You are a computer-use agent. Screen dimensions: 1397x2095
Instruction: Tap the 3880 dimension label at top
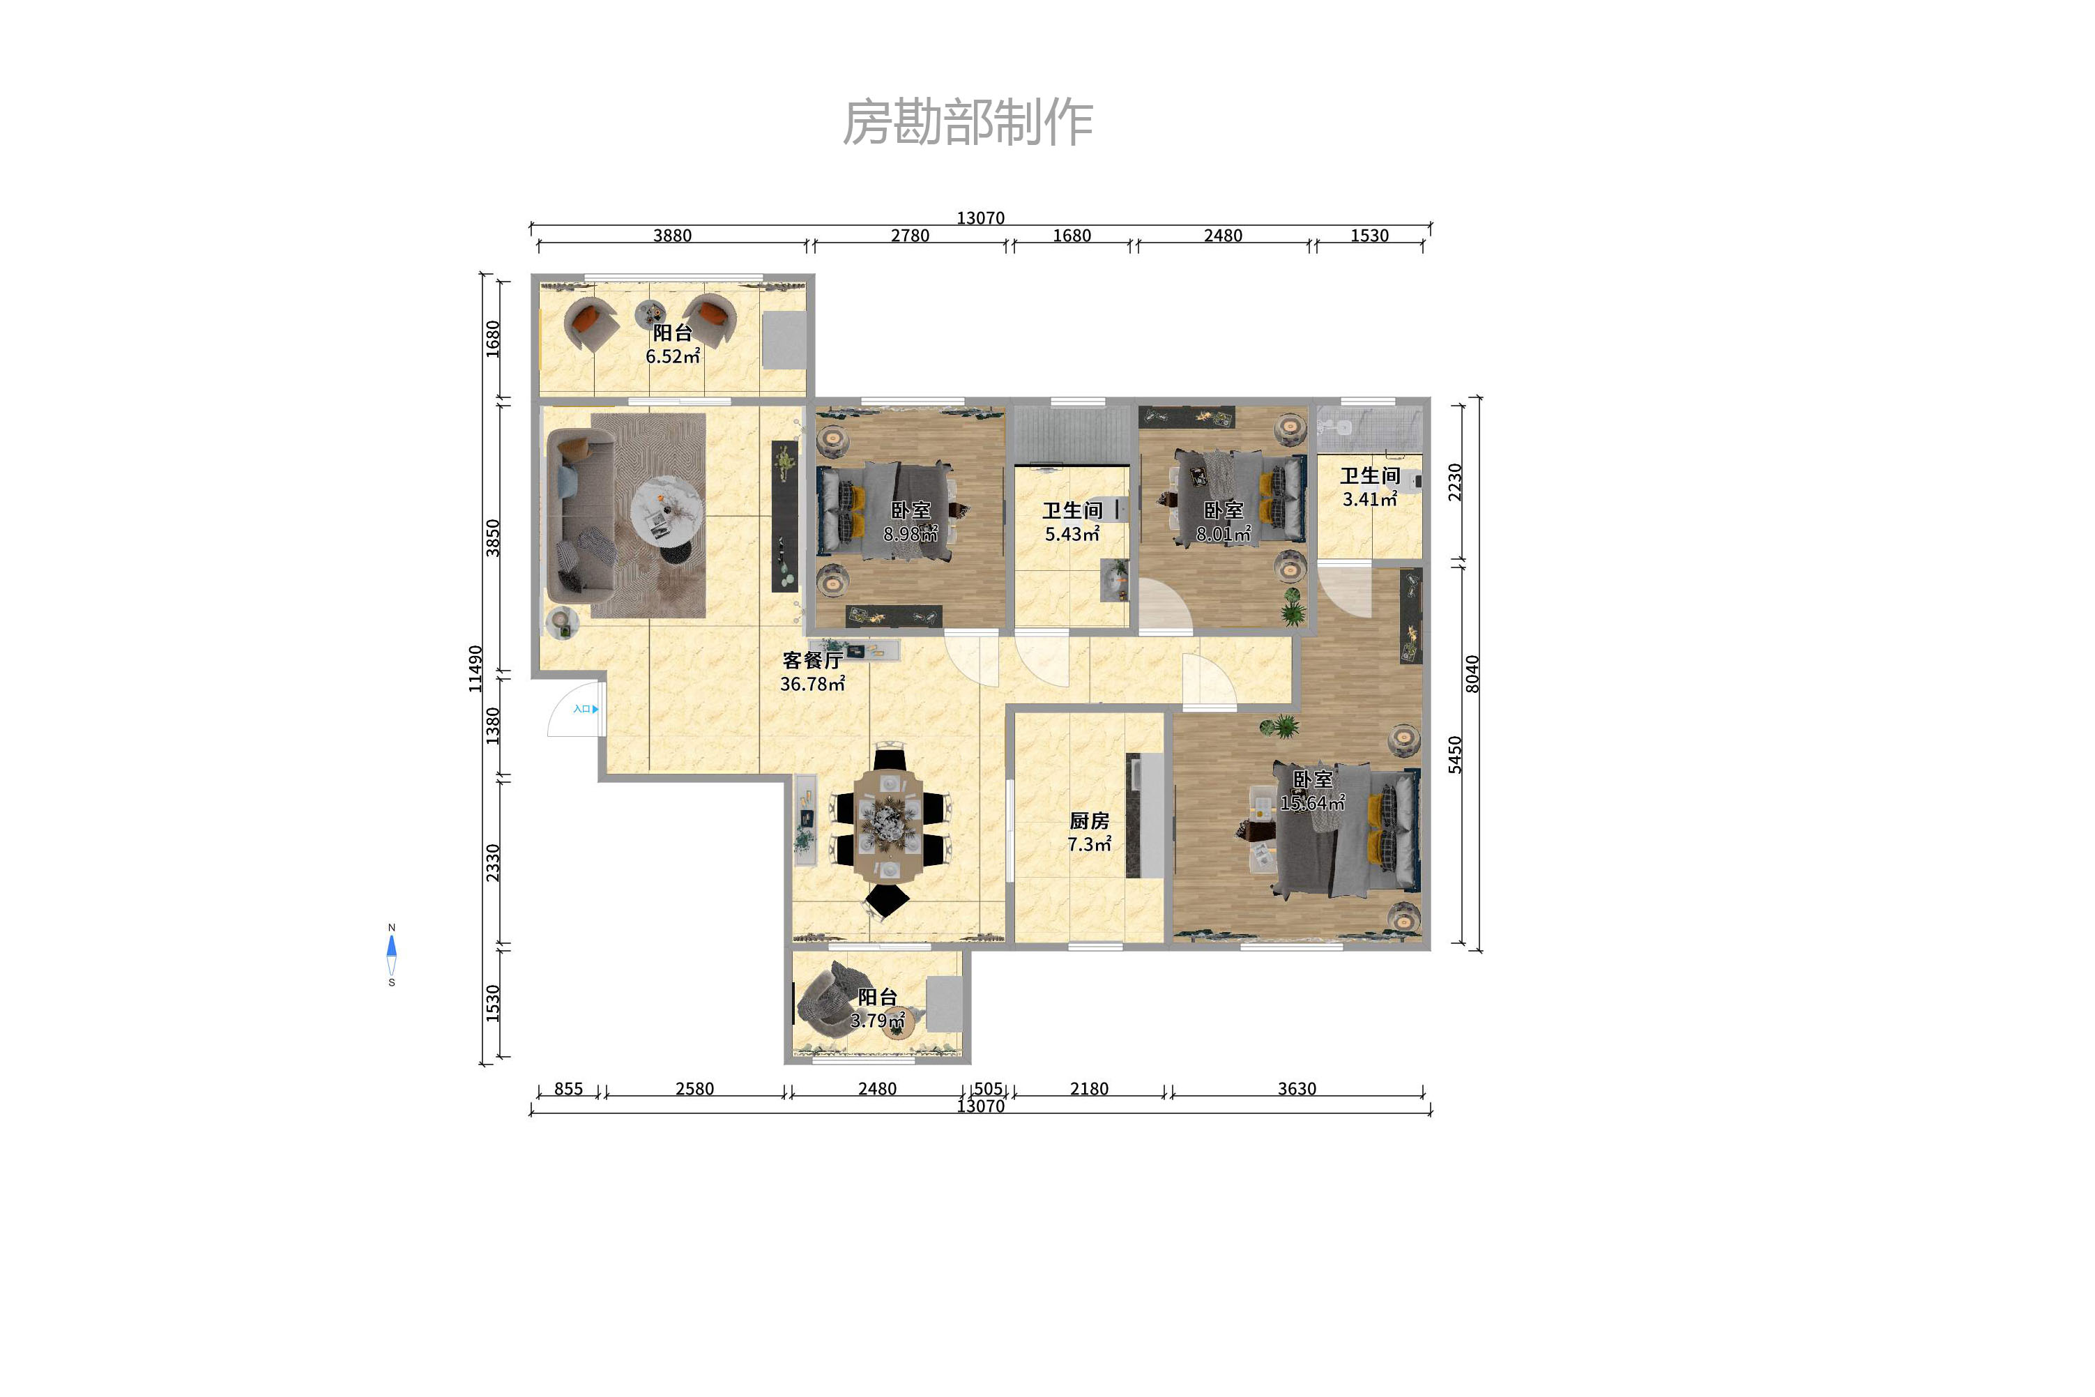pos(672,235)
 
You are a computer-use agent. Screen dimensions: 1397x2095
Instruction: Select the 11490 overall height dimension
pos(475,669)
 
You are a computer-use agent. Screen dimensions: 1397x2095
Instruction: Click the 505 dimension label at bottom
pos(987,1089)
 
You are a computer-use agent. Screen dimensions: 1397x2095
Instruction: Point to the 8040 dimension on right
pos(1472,673)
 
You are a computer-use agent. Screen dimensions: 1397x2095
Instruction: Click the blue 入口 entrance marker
pos(584,709)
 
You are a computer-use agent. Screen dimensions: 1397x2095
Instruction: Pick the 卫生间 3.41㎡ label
pos(1370,487)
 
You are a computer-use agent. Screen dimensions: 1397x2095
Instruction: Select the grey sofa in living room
pos(579,515)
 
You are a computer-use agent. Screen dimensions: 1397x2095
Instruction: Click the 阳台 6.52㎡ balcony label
pos(672,344)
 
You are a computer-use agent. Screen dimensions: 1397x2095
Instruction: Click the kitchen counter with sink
pos(1145,815)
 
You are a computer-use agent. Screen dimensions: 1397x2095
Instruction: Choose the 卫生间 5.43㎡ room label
pos(1072,522)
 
